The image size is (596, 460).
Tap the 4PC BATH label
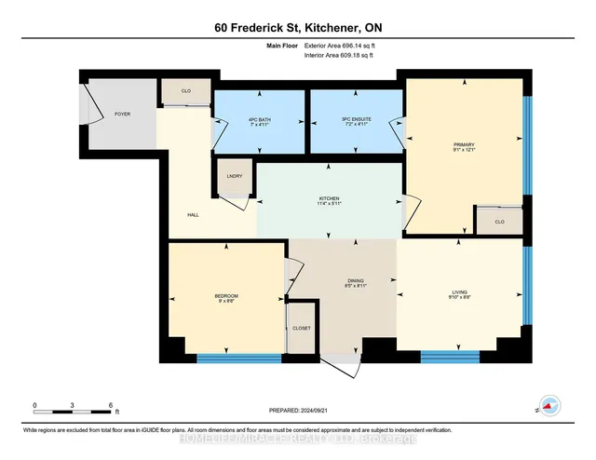[260, 117]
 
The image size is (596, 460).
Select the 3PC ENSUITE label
[356, 117]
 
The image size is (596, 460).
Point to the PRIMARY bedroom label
[464, 145]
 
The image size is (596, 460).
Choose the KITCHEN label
[329, 198]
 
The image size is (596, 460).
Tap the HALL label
[193, 214]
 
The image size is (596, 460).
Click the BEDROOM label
[227, 297]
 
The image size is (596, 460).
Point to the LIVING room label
[459, 293]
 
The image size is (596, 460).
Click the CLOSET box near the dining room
[302, 329]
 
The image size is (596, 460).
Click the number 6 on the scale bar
[111, 406]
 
